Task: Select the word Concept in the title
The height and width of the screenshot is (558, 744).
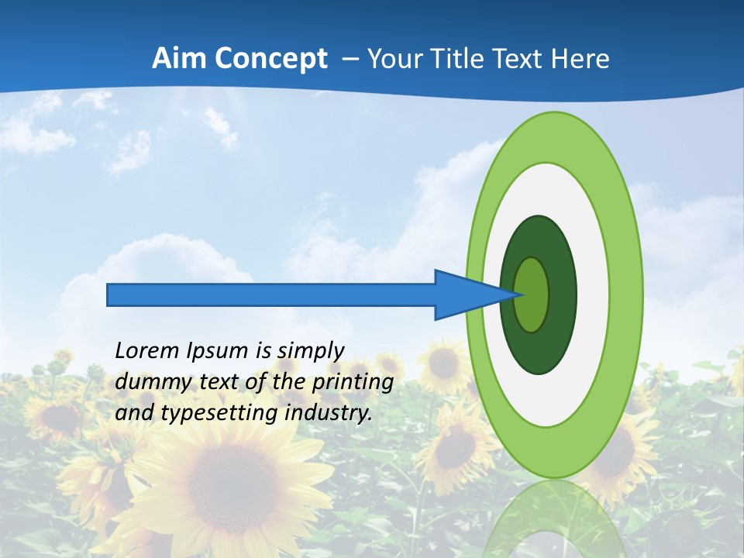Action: coord(270,59)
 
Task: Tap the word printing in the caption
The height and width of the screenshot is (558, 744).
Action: coord(352,382)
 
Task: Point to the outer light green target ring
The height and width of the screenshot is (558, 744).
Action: coord(626,294)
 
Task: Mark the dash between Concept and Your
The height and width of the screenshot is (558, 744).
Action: coord(350,59)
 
